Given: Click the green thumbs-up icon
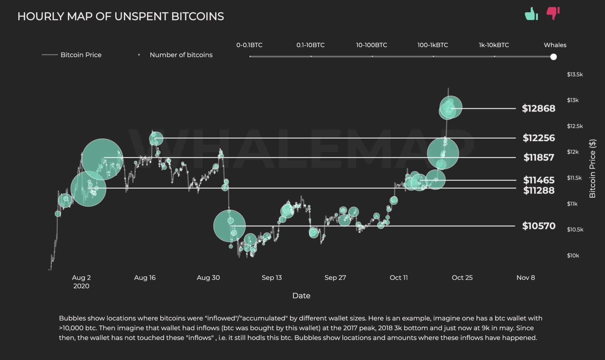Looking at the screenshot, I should coord(531,14).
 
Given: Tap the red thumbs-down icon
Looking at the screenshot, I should coord(553,13).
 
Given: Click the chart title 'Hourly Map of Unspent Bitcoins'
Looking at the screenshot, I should coord(121,16).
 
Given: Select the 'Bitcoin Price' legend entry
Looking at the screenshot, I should coord(81,55).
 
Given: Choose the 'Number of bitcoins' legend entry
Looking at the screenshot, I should coord(181,55).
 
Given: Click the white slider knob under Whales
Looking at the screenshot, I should coord(554,57).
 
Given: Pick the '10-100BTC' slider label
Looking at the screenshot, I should coord(371,45).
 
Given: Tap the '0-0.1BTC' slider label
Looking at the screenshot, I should coord(249,45).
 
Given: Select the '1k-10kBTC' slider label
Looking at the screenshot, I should coord(494,45).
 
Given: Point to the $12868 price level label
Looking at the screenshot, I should coord(539,108).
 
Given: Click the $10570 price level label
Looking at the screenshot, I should coord(539,226).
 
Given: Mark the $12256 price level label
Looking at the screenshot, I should coord(539,138).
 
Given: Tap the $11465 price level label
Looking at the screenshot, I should coord(539,180).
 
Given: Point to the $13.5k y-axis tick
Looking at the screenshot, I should coord(575,74).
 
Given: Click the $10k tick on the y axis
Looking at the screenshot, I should coord(573,256).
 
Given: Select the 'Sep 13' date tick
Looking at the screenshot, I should coord(271,278).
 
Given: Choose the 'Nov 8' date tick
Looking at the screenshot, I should coord(526,278).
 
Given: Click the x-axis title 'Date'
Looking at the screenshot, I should coord(301,296).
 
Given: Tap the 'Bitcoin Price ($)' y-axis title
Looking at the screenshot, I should coord(592,168).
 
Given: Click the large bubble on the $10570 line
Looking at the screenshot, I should coord(229,226).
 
